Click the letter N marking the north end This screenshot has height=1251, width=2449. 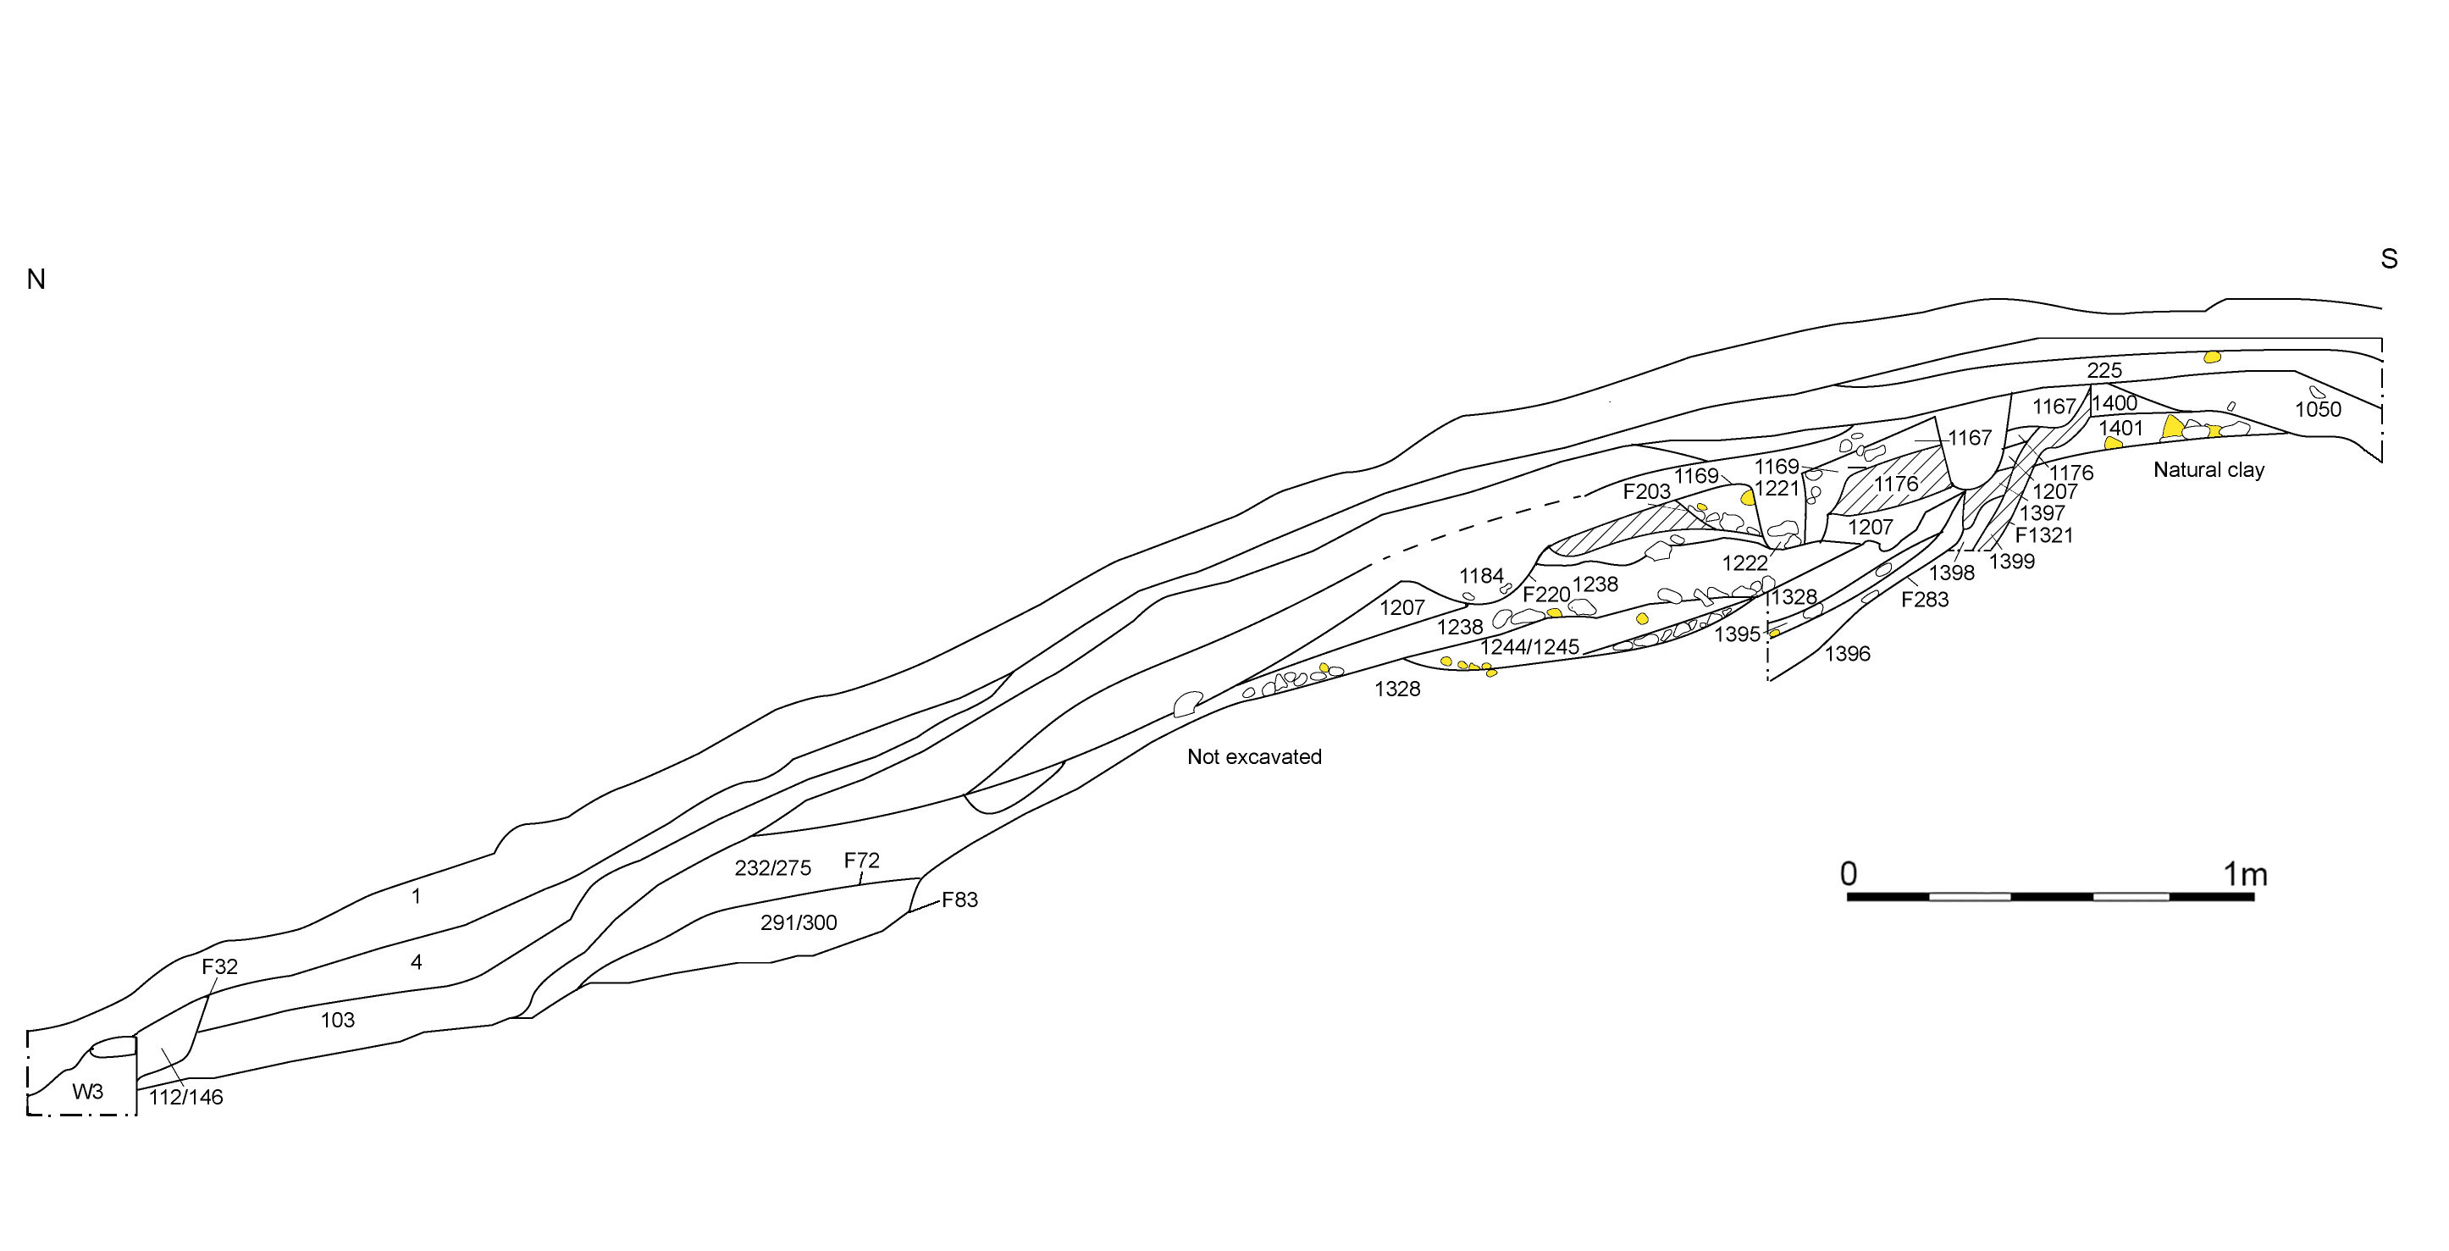coord(36,280)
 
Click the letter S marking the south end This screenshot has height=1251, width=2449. coord(2388,258)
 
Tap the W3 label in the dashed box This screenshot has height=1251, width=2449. coord(87,1091)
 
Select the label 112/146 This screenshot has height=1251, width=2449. coord(186,1097)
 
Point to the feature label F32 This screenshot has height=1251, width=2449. coord(219,966)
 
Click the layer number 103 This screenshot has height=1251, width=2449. coord(338,1020)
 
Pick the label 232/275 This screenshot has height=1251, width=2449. coord(773,868)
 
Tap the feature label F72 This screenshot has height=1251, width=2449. coord(861,861)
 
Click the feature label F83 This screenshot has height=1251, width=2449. coord(959,900)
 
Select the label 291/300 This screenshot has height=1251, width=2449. coord(799,922)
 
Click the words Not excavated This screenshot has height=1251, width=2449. coord(1254,756)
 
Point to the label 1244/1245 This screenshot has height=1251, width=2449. coord(1529,647)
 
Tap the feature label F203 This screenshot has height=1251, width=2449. coord(1646,491)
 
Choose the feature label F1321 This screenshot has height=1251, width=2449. coord(2044,535)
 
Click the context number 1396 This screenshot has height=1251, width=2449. coord(1847,654)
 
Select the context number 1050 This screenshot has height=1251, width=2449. coord(2318,410)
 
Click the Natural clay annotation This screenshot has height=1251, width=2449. coord(2209,469)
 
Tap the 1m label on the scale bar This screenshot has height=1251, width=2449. coord(2245,873)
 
